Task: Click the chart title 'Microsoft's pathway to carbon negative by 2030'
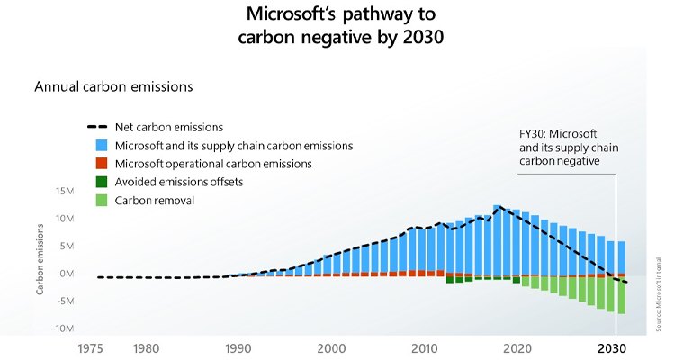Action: (x=346, y=27)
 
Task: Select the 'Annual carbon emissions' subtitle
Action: (x=113, y=87)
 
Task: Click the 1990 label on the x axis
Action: (x=238, y=347)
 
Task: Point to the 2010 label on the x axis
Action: (x=425, y=347)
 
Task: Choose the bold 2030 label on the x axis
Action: (x=612, y=347)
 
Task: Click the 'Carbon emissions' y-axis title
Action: (x=39, y=261)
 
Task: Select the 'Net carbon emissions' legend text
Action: (x=169, y=127)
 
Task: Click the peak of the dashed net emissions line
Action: (x=498, y=206)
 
